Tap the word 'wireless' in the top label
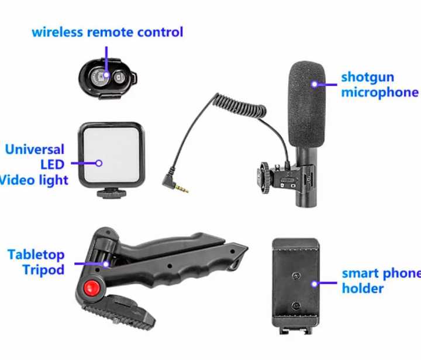tap(57, 32)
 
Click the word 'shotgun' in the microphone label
tap(367, 77)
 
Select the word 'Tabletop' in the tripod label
tap(36, 255)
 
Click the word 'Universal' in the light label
tap(34, 149)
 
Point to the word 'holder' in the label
tap(363, 288)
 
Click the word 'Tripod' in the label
tap(43, 270)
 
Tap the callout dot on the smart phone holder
tap(315, 284)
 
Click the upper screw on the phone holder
tap(296, 275)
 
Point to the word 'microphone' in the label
tap(379, 92)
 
